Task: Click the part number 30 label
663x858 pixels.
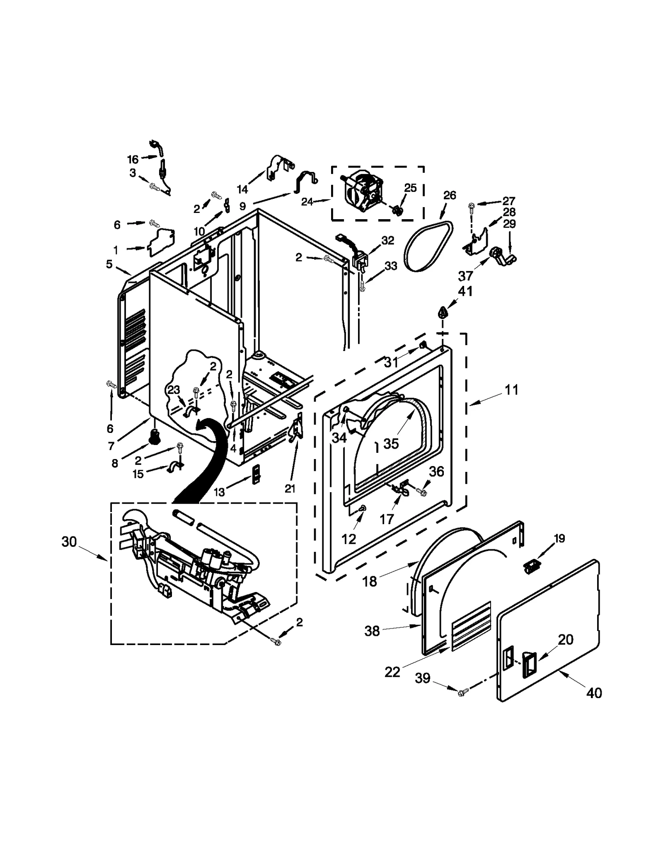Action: (69, 541)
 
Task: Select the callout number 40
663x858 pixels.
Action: (594, 693)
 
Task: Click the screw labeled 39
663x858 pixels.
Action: (463, 691)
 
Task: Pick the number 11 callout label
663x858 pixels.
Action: (511, 390)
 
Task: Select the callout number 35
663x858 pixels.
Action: (391, 443)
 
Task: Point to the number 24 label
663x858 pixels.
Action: (307, 202)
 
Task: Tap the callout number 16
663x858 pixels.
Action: (133, 159)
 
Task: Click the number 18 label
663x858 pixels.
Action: (370, 582)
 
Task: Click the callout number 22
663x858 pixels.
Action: (392, 672)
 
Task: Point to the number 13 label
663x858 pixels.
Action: (219, 492)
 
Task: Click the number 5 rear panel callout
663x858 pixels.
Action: (109, 264)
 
